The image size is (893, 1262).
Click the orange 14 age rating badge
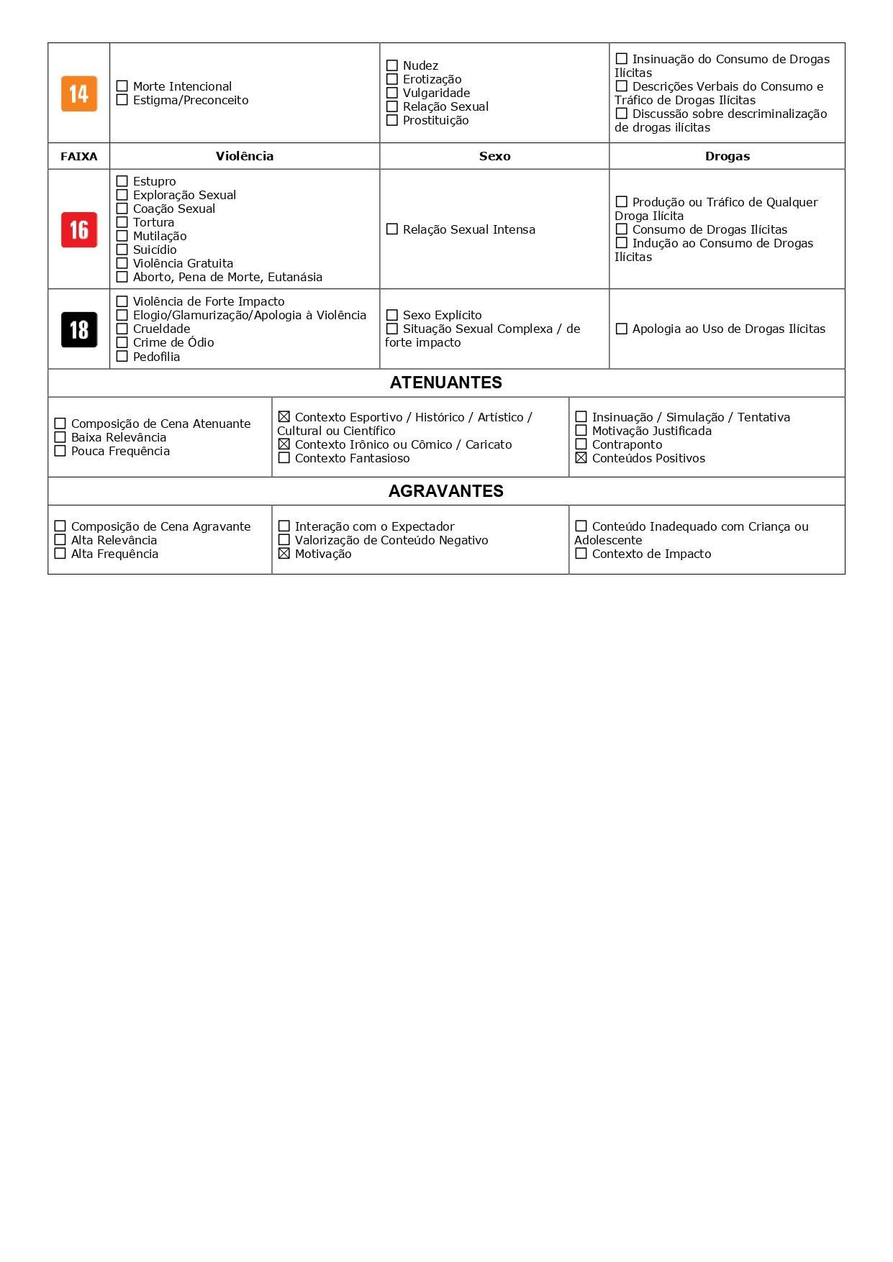tap(79, 93)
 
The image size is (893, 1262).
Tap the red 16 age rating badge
tap(79, 230)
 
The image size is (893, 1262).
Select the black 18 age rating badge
tap(79, 329)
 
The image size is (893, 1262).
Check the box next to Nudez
tap(392, 65)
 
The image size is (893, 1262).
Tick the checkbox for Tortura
tap(122, 222)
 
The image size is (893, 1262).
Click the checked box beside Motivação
tap(284, 554)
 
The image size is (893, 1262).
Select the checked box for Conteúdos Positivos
tap(581, 458)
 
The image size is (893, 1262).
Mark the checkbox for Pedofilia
tap(122, 357)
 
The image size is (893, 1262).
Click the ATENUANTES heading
tap(446, 383)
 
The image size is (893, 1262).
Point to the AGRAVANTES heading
tap(446, 491)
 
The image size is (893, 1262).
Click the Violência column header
tap(245, 156)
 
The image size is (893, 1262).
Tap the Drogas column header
tap(727, 156)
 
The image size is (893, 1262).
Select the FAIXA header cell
tap(79, 156)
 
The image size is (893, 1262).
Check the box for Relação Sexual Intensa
tap(392, 229)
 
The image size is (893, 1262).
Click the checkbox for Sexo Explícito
tap(392, 315)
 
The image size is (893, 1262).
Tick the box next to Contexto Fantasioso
tap(284, 458)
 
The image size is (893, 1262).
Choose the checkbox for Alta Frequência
tap(60, 554)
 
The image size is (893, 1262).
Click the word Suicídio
tap(155, 250)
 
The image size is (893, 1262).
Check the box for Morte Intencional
tap(122, 86)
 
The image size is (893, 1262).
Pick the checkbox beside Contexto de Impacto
tap(581, 554)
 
